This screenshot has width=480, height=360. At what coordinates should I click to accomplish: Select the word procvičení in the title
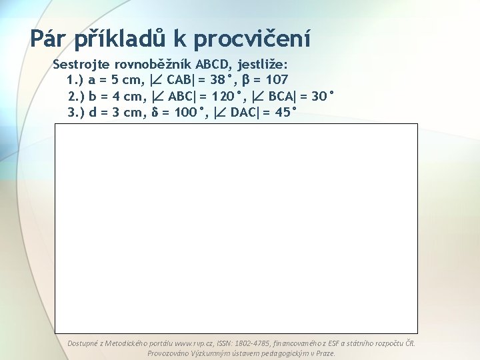click(252, 40)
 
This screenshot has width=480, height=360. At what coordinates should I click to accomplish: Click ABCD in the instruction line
click(212, 65)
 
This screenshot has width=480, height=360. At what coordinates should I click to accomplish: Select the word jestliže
click(262, 65)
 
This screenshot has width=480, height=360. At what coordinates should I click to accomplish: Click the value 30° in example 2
click(319, 97)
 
